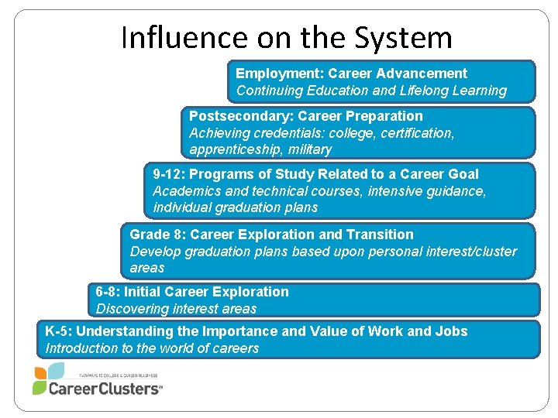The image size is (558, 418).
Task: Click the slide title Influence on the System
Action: pos(286,36)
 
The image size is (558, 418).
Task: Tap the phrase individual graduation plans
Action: pos(236,207)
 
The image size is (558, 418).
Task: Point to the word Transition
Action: pos(380,235)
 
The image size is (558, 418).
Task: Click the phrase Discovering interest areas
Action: pos(176,309)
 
